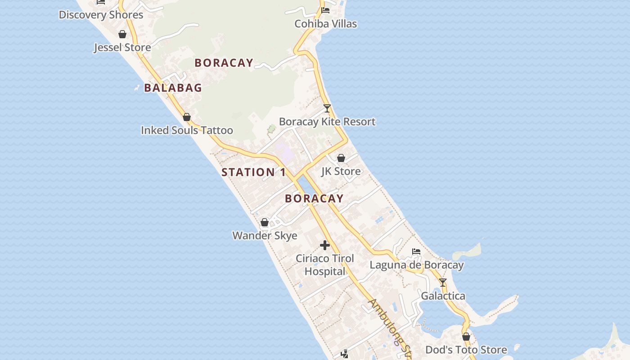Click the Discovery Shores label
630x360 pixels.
coord(101,15)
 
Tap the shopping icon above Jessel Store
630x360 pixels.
coord(122,34)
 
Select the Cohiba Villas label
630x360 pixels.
coord(326,24)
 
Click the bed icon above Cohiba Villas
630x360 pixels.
coord(325,10)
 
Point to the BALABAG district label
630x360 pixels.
coord(173,88)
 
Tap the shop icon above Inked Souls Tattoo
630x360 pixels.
coord(187,117)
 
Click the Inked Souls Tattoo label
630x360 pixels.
coord(187,130)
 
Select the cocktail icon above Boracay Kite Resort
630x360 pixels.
coord(327,108)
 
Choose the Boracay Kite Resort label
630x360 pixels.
coord(327,121)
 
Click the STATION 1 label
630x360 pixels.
coord(254,172)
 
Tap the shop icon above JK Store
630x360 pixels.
coord(341,158)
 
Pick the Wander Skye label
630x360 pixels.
coord(265,235)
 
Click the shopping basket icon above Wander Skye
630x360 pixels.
coord(265,222)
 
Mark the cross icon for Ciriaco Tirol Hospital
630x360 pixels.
coord(325,245)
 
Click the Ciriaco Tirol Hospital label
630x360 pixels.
coord(325,265)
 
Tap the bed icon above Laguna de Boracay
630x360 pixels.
coord(416,252)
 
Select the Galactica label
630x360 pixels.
coord(443,296)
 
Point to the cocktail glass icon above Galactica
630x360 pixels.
coord(443,283)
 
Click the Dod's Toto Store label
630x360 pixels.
coord(466,350)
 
